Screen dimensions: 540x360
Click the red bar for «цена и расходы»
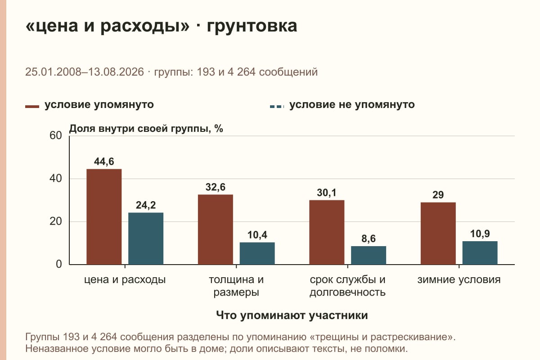coord(104,217)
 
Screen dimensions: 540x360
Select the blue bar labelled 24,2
coord(146,238)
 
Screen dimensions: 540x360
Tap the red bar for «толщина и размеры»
coord(215,229)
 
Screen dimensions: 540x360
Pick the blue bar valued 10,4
coord(257,253)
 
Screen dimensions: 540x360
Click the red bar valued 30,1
coord(327,232)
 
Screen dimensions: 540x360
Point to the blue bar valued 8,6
coord(369,255)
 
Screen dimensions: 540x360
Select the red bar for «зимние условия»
coord(438,234)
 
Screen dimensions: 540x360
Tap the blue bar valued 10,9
coord(480,253)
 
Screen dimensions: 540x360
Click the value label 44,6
coord(104,162)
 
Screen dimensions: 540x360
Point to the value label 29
coord(438,195)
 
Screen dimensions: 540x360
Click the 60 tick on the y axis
coord(56,135)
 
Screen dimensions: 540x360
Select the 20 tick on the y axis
coord(56,221)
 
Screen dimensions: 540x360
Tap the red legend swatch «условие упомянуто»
coord(32,107)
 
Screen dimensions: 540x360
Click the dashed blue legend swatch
coord(277,107)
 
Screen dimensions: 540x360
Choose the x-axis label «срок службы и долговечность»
coord(347,286)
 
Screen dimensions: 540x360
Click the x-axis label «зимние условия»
coord(459,280)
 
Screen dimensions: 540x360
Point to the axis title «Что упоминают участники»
coord(292,315)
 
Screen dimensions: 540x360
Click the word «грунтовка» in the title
coord(252,26)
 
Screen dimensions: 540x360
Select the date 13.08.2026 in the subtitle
coord(116,72)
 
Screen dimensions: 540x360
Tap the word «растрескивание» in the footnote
coord(409,337)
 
